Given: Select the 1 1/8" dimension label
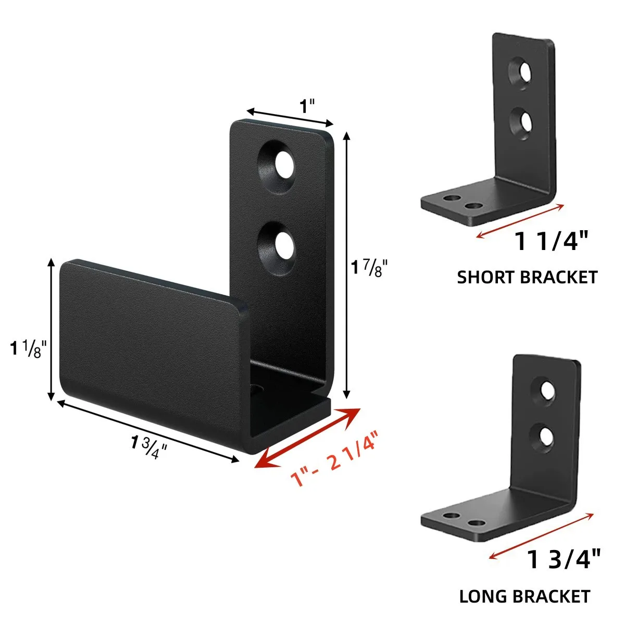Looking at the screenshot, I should [x=29, y=348].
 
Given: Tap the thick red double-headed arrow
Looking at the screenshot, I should [x=308, y=438].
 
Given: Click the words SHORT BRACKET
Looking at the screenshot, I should [x=527, y=277].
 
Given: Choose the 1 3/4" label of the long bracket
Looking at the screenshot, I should [x=564, y=560].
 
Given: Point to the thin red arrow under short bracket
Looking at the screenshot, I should [x=520, y=221].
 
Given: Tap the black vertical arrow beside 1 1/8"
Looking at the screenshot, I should [x=51, y=329].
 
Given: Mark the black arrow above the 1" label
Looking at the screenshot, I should [x=290, y=118].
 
